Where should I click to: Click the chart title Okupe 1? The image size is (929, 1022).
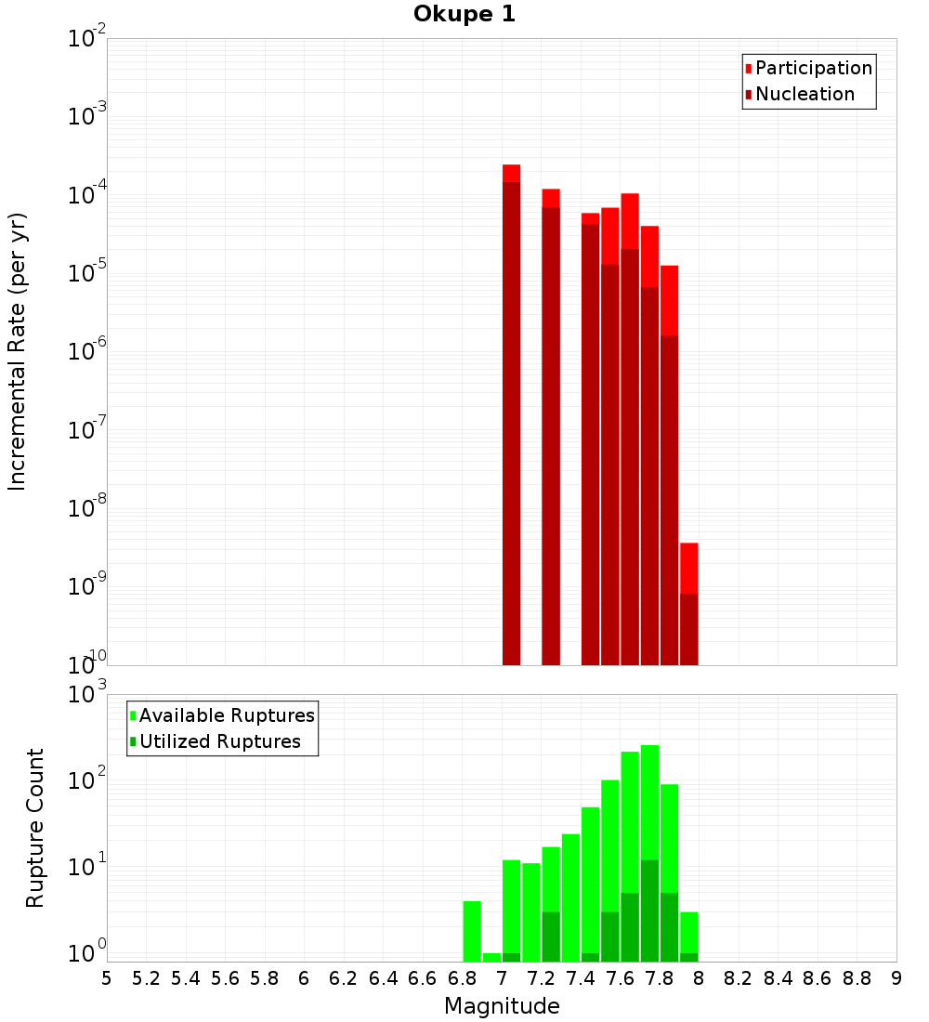coord(464,14)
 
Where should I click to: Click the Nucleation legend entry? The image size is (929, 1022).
coord(804,94)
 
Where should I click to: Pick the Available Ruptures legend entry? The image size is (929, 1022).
coord(226,715)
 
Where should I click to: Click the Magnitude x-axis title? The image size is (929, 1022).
coord(502,1006)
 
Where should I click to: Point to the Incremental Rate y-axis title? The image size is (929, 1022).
coord(18,351)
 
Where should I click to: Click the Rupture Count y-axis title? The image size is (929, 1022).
coord(35,827)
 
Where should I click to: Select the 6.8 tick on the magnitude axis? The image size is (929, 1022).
coord(463,978)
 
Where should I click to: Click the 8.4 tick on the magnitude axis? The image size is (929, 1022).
coord(779,978)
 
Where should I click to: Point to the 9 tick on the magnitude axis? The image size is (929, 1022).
coord(896,978)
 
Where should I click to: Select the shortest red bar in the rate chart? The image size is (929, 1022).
coord(689,604)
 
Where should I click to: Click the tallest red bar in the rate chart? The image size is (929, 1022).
coord(511,414)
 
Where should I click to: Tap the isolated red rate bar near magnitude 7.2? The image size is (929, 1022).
coord(551,426)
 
